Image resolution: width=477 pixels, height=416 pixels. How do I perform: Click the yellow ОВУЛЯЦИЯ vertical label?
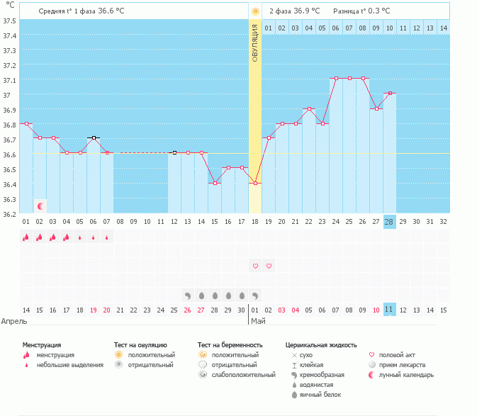coord(255,43)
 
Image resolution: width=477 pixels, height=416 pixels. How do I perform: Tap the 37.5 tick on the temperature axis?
coord(9,21)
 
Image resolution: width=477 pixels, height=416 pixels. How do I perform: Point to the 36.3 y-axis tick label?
coord(9,199)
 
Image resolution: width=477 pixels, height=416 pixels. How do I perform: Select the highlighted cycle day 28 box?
coord(389,221)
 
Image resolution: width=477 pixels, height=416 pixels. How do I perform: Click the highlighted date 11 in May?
coord(389,310)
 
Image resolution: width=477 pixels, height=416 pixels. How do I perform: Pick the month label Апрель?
coord(14,321)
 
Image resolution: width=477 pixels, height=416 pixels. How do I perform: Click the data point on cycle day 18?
coord(255,183)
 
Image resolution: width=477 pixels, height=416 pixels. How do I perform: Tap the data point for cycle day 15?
coord(215,183)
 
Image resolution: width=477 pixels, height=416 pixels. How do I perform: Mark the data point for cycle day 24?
coord(336,78)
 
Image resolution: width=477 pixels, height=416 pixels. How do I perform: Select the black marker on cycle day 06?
coord(94,137)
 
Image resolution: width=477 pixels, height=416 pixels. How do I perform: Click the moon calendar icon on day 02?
coord(40,206)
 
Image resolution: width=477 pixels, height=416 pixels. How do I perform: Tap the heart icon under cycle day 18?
coord(255,266)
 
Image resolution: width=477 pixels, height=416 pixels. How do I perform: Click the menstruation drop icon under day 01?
coord(26,237)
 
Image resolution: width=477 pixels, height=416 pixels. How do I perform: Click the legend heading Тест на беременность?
coord(230,344)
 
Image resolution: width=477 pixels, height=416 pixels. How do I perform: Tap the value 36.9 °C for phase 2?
coord(306,11)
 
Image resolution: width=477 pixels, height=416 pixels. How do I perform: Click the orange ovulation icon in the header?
coord(255,11)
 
